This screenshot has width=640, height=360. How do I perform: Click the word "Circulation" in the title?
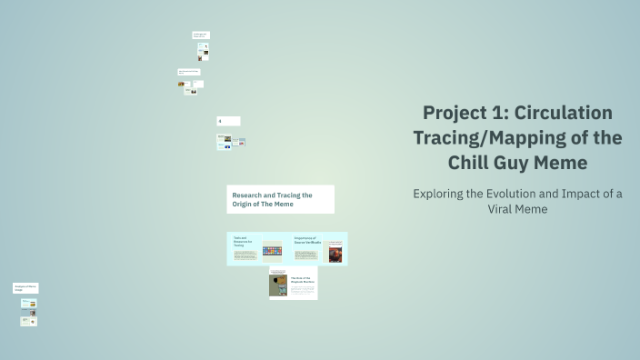(x=564, y=114)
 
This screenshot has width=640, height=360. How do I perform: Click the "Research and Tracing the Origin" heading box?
(x=280, y=199)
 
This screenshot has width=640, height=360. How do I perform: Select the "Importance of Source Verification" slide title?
(x=307, y=241)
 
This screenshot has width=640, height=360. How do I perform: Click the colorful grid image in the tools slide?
(x=272, y=250)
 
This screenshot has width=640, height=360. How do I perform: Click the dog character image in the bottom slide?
(x=278, y=285)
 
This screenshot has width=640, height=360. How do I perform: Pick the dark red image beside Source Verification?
(x=335, y=253)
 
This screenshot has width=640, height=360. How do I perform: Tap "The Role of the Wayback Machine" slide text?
(x=301, y=281)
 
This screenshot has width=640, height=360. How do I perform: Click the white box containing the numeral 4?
(x=228, y=121)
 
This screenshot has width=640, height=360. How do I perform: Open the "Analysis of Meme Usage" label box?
(x=25, y=288)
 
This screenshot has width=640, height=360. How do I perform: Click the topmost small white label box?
(x=201, y=35)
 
